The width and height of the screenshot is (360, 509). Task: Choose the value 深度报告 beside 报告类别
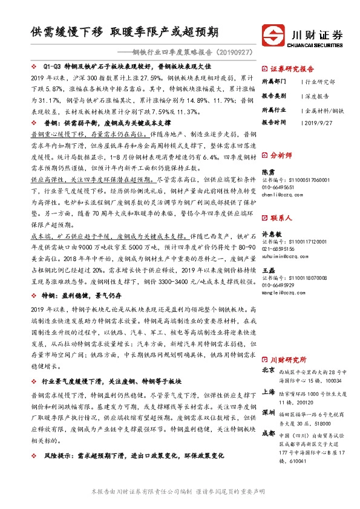317,81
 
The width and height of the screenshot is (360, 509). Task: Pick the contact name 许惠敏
272,216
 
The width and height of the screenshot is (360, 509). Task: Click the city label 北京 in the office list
268,370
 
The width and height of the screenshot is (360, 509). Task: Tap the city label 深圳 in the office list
268,413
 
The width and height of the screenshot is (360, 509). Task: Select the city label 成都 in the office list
268,434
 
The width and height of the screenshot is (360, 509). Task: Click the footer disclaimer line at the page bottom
180,491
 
